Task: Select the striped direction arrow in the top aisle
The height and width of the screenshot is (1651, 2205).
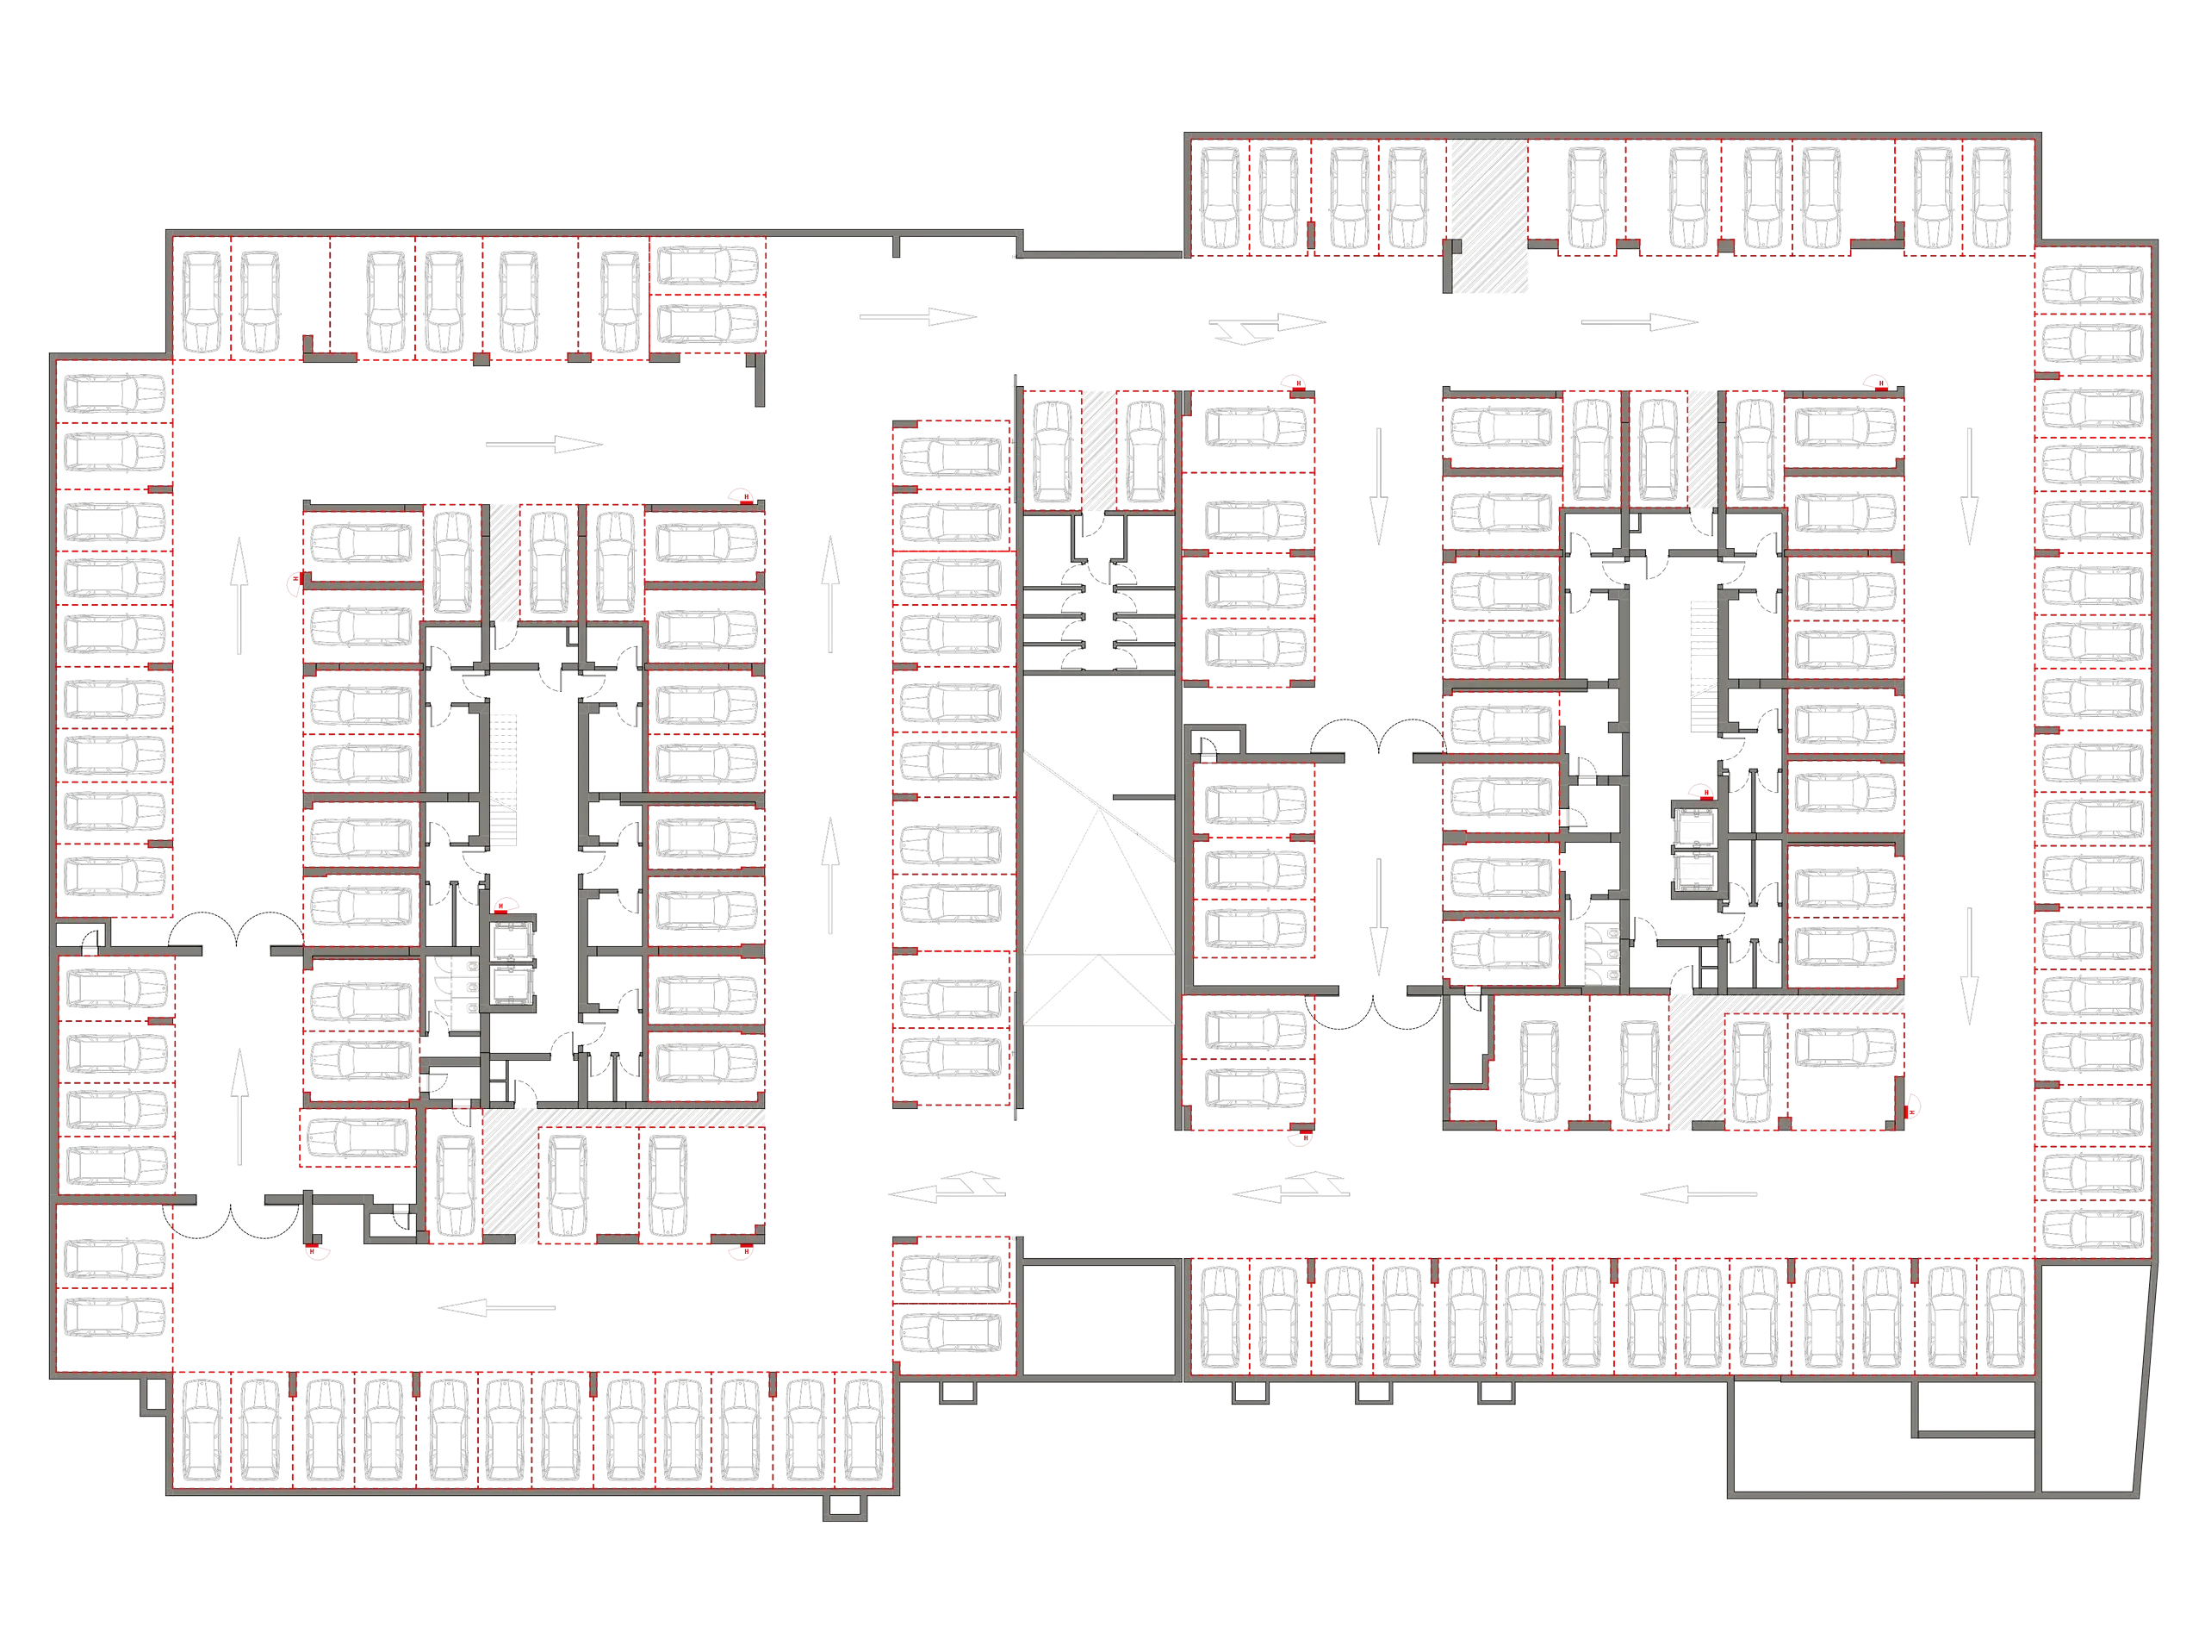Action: tap(1268, 325)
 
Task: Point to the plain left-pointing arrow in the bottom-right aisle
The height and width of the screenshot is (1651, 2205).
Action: tap(1700, 1193)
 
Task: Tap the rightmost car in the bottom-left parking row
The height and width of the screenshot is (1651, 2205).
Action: tap(862, 1428)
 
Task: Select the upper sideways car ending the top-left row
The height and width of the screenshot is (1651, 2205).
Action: tap(708, 266)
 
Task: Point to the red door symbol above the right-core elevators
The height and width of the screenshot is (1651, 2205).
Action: tap(1697, 793)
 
